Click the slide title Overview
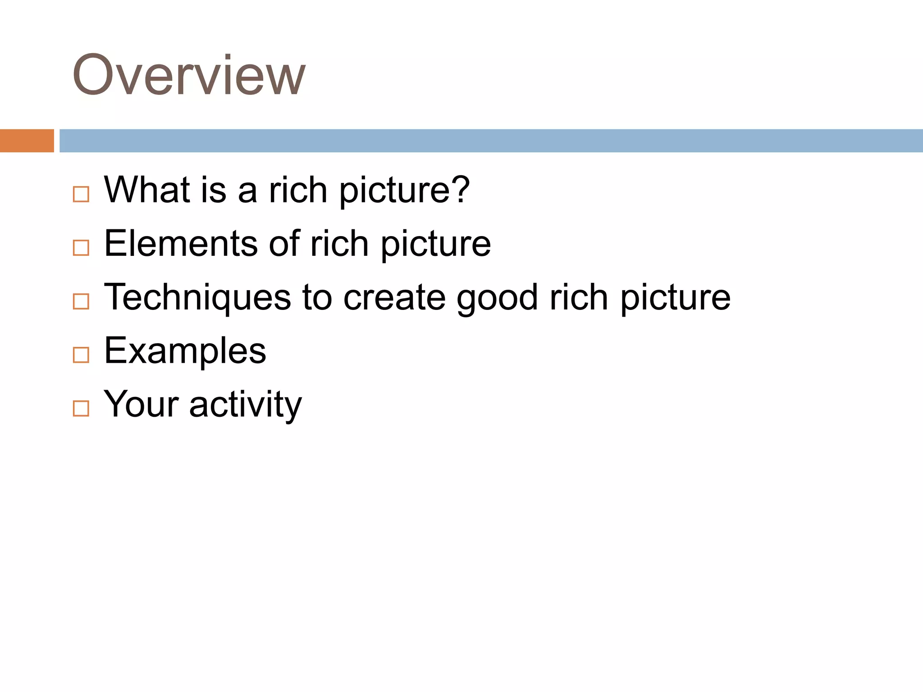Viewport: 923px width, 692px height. point(189,75)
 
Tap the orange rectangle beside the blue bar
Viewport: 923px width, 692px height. point(27,141)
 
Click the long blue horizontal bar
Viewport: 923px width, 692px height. point(491,141)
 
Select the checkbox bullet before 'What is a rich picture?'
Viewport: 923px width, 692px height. point(81,194)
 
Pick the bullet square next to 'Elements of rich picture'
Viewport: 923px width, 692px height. point(81,248)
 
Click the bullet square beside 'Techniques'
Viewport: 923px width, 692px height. point(81,301)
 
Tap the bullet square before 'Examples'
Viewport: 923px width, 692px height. point(81,355)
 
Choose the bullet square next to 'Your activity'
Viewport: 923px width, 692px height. point(81,408)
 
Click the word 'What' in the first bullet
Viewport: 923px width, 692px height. point(147,190)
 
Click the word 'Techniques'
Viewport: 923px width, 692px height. point(197,297)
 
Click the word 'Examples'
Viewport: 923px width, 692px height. point(185,351)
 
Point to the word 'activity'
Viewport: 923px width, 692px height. point(245,405)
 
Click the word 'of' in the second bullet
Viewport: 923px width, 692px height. point(284,243)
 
